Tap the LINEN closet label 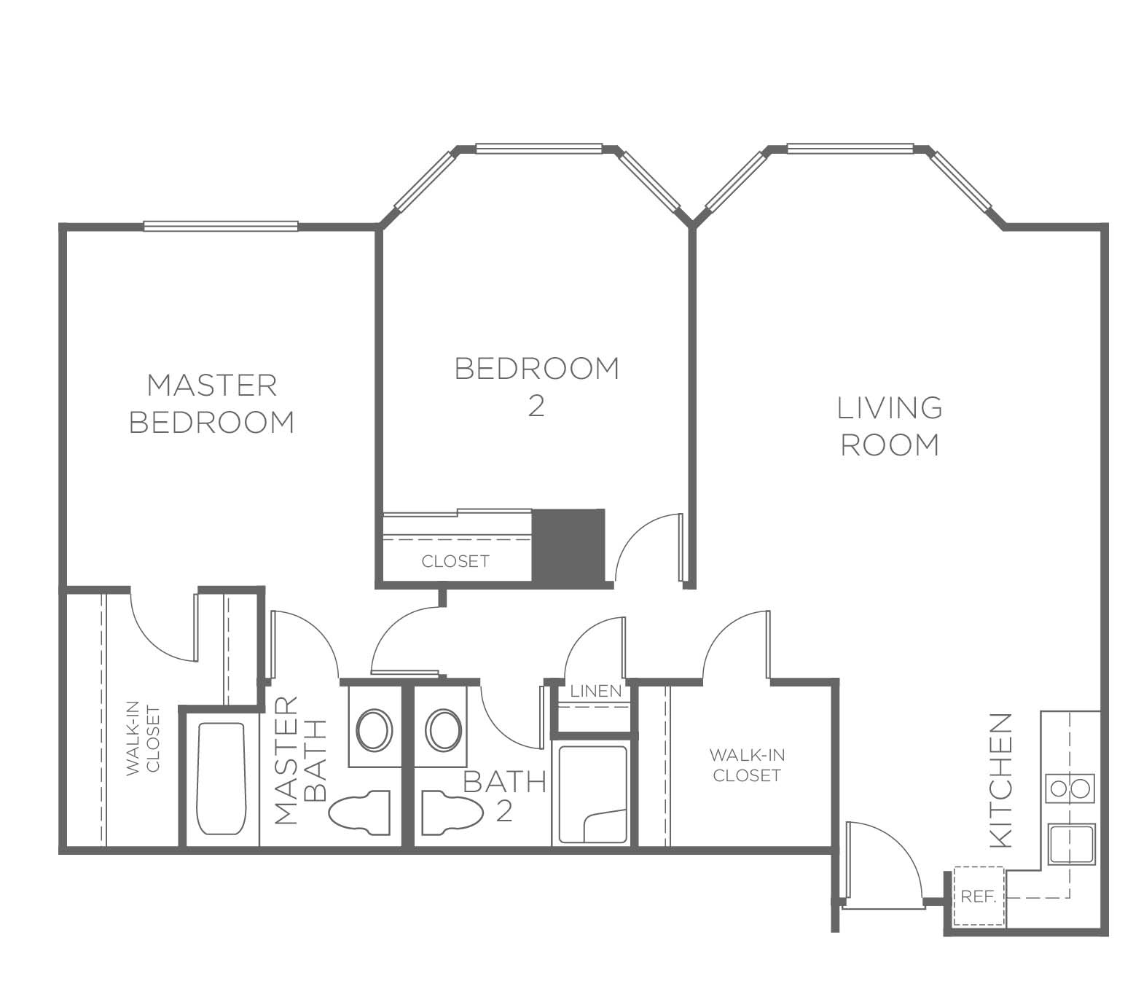[596, 691]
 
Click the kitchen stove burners [1070, 789]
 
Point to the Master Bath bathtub [222, 778]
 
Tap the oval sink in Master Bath [374, 729]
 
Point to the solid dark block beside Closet [568, 546]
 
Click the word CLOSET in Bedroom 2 [455, 561]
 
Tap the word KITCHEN [1001, 789]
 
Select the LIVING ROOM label [889, 426]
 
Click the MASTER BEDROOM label [211, 404]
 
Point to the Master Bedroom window [221, 226]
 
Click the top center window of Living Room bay [850, 148]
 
